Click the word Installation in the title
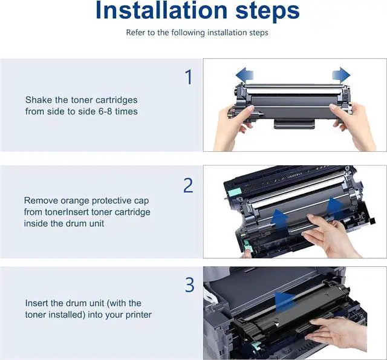pos(161,10)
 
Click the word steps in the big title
pos(267,11)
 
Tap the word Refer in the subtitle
pos(134,32)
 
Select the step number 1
pos(189,77)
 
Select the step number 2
pos(188,185)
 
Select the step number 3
pos(189,285)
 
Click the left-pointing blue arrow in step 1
pos(244,74)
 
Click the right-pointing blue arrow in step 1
pos(341,74)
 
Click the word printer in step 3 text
pos(138,315)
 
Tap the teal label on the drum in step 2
pos(234,192)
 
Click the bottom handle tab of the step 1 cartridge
pos(294,123)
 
